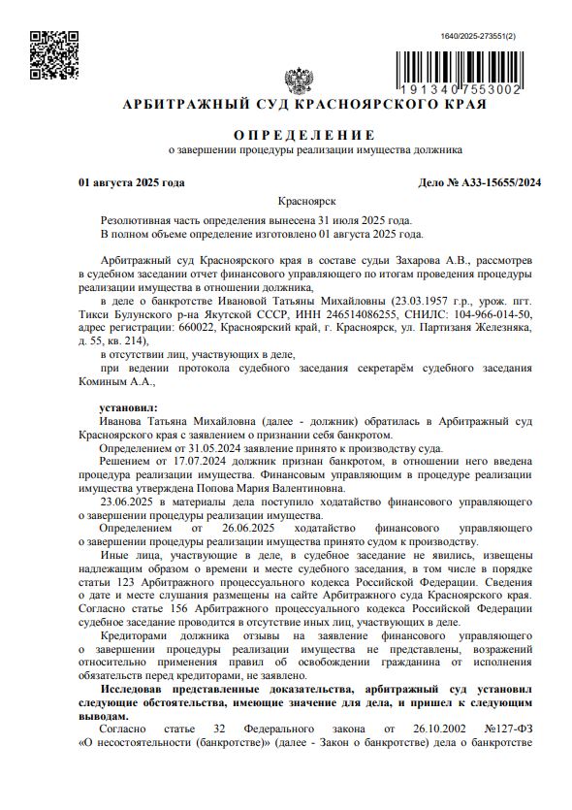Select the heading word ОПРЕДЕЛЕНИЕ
pyautogui.click(x=302, y=133)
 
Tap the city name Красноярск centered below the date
pyautogui.click(x=306, y=201)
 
